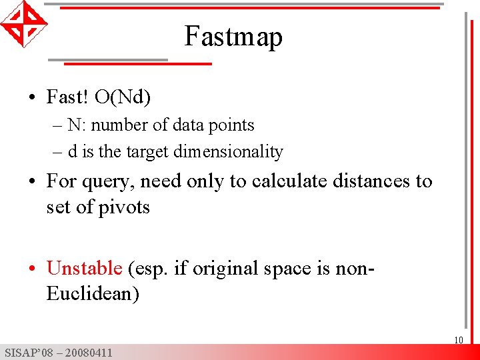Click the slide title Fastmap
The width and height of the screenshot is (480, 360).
[233, 36]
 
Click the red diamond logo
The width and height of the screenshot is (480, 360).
[23, 23]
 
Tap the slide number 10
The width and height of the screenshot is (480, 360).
[459, 341]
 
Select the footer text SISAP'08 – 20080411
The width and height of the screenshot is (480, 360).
[58, 353]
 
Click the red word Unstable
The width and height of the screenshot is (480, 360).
[85, 268]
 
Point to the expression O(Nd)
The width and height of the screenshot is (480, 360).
[123, 97]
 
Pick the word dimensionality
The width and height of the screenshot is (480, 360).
[228, 152]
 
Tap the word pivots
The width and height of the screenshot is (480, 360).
[125, 207]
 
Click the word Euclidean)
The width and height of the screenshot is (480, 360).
[93, 293]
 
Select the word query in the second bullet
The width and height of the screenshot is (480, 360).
[107, 182]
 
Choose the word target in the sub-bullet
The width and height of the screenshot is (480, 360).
[147, 152]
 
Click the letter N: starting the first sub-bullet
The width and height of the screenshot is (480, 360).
[73, 125]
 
